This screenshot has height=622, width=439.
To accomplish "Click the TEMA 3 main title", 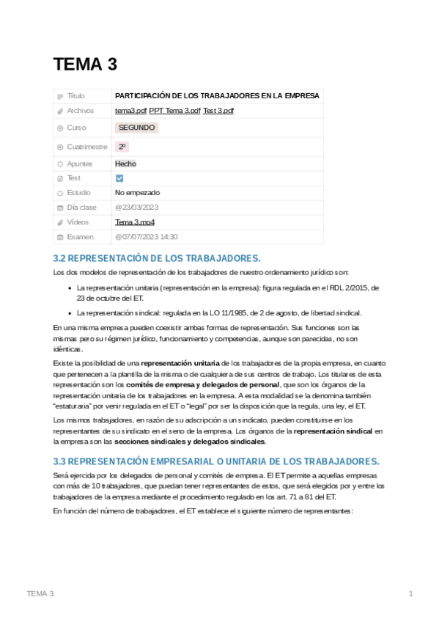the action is pos(85,65).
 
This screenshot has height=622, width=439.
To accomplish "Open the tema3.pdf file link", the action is pos(130,111).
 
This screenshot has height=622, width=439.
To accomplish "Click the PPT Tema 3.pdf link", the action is pos(174,111).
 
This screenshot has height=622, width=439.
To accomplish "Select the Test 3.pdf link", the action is pos(218,111).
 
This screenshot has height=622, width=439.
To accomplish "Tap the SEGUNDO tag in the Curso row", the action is pos(136,128).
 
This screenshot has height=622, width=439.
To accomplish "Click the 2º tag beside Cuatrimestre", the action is pos(122,147).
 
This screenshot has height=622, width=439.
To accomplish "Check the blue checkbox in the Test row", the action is pos(120,178).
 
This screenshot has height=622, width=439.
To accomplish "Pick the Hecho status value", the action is pos(125,164).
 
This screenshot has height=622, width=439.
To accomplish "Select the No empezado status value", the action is pos(137,193).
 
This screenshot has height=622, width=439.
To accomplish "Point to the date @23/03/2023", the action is pos(136,208).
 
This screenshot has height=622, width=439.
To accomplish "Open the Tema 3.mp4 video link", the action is pos(134,222).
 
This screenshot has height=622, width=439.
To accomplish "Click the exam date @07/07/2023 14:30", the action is pos(146,237).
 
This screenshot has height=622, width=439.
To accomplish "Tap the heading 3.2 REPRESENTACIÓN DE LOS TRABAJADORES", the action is pos(157,258).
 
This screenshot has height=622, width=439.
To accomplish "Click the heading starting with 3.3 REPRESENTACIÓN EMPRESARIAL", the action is pos(216,461).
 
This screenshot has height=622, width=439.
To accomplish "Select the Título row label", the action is pos(75,96).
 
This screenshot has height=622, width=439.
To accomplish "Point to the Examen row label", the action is pos(80,237).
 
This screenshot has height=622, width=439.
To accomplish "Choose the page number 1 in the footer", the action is pos(411,593).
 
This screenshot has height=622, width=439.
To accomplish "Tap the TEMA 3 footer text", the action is pos(40,593).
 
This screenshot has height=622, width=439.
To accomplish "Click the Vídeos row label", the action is pos(78,222).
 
